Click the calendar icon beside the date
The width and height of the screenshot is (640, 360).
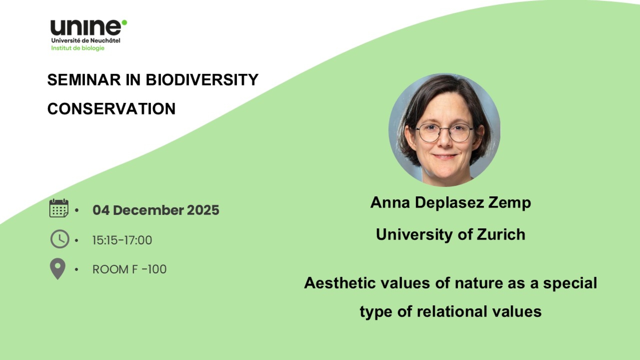pos(59,208)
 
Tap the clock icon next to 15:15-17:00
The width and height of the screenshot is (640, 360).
pos(60,239)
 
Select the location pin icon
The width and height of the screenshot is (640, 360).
pos(58,269)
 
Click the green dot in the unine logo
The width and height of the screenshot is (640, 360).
pos(124,23)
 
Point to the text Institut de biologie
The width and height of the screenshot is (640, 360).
pos(78,48)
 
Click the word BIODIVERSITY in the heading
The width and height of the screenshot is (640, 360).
pos(202,80)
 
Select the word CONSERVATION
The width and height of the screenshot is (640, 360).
pos(111,109)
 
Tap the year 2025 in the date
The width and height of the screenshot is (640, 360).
pos(203,210)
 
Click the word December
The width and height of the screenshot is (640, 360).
pos(148,210)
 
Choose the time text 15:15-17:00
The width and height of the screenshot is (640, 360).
pos(122,240)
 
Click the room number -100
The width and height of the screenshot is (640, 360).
pos(154,269)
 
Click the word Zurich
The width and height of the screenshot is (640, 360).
pos(501,234)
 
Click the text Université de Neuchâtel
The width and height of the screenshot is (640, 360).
pos(86,40)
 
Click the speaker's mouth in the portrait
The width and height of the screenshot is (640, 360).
pos(445,156)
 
